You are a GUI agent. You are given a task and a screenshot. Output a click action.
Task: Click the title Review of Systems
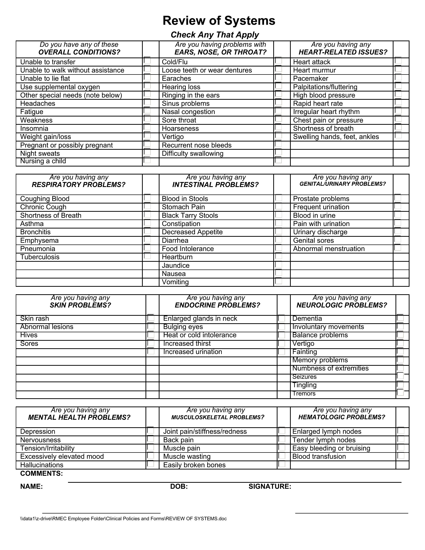coord(219,21)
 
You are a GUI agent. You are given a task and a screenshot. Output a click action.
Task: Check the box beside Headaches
coord(147,102)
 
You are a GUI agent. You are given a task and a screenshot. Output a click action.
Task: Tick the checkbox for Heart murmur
coord(398,69)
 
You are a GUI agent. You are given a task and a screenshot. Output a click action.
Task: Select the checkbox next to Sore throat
coord(278,119)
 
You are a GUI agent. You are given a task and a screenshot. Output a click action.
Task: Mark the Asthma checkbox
coord(147,223)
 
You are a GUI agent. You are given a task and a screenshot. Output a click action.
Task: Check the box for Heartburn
coord(278,256)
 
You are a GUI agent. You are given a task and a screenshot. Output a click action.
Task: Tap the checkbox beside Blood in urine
coord(398,215)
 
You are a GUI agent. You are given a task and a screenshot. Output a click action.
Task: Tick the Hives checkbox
coord(151,335)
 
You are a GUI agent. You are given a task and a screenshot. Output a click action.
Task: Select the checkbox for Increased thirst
coord(281,343)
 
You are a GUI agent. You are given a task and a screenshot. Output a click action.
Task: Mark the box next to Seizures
coord(400,376)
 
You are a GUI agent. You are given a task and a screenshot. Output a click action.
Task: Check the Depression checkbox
coord(150,431)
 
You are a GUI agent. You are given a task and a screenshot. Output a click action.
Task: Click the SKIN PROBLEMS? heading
coord(80,305)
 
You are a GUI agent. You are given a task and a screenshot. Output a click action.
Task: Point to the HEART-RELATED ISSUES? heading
coord(343,52)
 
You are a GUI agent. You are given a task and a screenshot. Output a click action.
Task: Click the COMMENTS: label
coord(41,473)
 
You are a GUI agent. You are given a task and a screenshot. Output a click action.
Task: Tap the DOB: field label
coord(179,486)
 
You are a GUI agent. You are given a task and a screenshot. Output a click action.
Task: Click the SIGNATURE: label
coord(270,486)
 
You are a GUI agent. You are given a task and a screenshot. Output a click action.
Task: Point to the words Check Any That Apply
coord(215,35)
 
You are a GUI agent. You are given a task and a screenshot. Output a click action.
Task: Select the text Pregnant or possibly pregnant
coord(66,145)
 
